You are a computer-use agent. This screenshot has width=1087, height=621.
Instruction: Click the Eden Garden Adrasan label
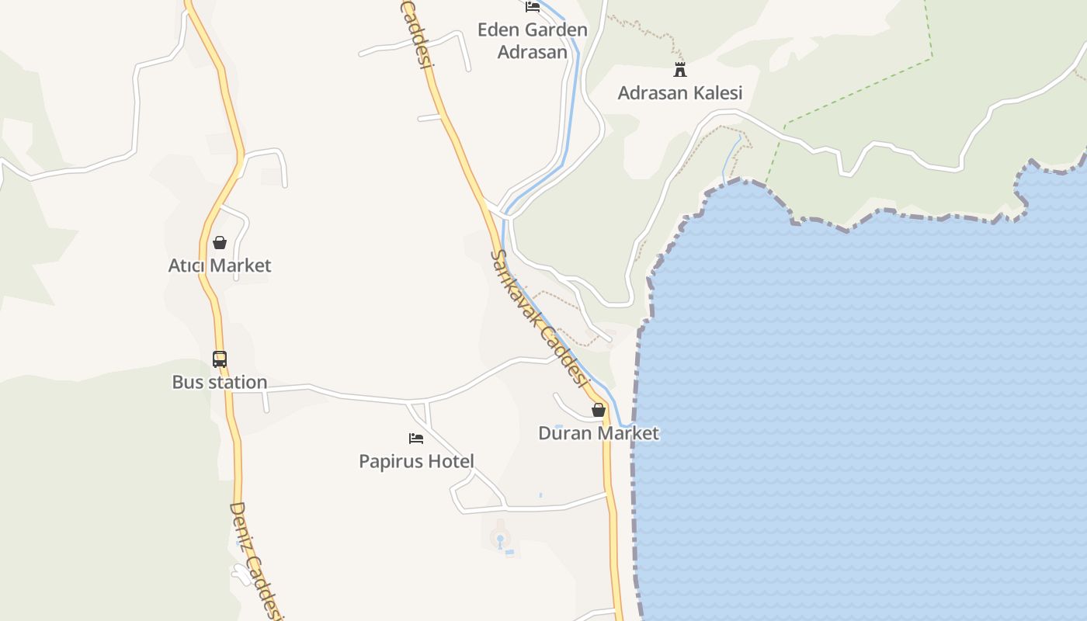tap(533, 41)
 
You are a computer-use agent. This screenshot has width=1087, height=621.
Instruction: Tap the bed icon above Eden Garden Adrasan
tap(533, 7)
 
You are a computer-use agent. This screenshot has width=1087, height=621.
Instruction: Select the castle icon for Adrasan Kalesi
tap(680, 70)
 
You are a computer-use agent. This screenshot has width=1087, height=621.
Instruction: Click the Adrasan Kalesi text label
tap(680, 93)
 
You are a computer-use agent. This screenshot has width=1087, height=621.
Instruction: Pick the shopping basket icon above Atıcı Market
tap(220, 242)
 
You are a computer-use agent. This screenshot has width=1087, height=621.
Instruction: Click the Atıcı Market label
tap(220, 265)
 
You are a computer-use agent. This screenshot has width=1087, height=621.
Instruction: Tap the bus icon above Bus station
tap(220, 359)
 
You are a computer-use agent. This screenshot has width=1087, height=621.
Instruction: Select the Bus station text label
tap(220, 382)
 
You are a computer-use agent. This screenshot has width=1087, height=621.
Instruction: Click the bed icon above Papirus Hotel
tap(416, 439)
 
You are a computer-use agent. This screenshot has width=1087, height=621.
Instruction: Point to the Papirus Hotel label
tap(416, 461)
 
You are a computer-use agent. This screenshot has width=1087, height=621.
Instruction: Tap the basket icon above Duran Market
tap(599, 410)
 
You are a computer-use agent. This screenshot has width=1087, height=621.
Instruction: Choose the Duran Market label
tap(599, 433)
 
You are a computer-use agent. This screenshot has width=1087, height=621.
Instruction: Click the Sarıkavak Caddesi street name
tap(538, 318)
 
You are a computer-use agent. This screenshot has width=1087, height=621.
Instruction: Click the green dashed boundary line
tap(854, 92)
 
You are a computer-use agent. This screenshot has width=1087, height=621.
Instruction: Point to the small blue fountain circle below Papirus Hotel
tap(500, 538)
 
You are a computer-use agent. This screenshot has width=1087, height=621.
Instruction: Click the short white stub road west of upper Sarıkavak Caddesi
tap(429, 118)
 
